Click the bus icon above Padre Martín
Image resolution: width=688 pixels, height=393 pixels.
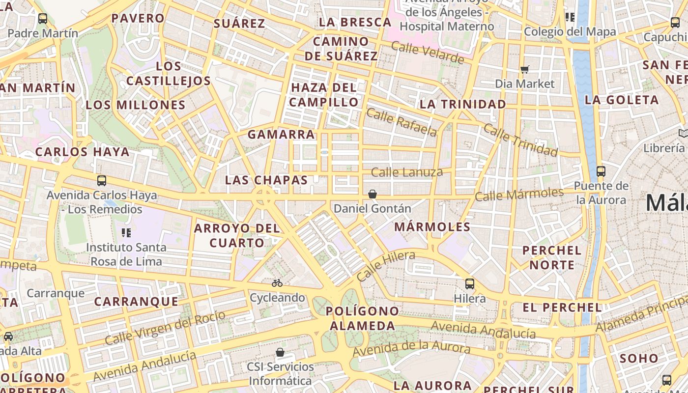[43, 19]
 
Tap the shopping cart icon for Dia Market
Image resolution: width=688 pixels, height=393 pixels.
[525, 69]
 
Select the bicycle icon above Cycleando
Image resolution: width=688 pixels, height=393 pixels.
[277, 283]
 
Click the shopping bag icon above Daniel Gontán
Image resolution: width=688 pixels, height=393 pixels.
[373, 194]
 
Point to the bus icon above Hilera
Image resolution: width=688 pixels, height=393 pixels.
[470, 283]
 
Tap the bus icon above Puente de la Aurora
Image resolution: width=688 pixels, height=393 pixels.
[601, 171]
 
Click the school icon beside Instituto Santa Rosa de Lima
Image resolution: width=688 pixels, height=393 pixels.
[126, 232]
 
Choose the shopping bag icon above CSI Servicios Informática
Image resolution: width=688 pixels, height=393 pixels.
[280, 352]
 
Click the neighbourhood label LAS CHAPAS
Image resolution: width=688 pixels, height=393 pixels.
[266, 180]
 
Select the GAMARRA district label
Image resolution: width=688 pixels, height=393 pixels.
[281, 134]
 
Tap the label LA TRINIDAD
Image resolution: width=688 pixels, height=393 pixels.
[463, 104]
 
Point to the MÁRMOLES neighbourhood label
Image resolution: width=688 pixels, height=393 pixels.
[432, 227]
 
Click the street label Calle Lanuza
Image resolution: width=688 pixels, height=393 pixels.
[407, 172]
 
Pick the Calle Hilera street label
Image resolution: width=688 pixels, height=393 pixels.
[386, 266]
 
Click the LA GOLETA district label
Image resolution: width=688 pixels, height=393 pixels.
[622, 100]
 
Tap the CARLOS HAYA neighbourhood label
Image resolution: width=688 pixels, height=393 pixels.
[83, 152]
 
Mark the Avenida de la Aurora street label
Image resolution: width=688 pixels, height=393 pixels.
[411, 350]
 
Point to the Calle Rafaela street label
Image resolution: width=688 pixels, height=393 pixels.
[401, 122]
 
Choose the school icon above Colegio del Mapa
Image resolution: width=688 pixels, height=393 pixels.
[570, 18]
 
